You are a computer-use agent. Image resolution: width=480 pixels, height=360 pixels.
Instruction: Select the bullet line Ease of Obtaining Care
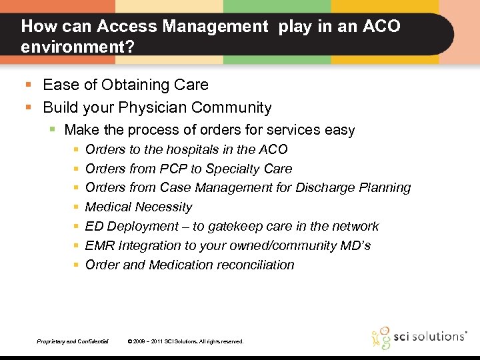click(x=125, y=85)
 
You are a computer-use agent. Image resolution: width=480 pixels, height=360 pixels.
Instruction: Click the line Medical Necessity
click(x=139, y=207)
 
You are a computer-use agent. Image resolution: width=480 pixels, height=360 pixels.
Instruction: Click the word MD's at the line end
click(x=354, y=245)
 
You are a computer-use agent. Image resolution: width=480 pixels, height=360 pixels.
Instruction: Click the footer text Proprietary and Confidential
click(x=73, y=341)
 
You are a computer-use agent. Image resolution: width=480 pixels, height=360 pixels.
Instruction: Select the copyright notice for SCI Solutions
click(x=185, y=341)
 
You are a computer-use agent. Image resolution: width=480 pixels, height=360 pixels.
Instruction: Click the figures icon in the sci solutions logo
click(x=381, y=337)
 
